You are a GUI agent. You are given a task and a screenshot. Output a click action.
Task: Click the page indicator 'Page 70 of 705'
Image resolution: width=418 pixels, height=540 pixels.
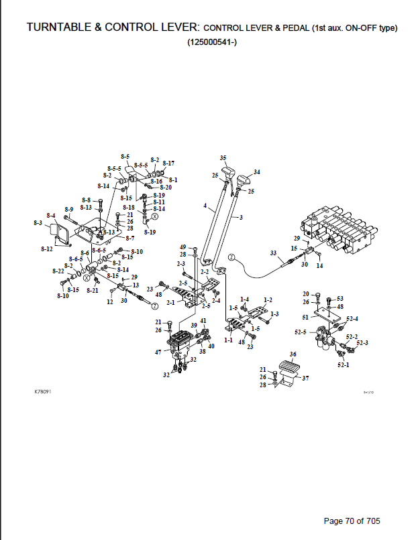coord(353,521)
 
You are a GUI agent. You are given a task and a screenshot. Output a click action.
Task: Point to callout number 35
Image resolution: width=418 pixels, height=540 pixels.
coord(223,158)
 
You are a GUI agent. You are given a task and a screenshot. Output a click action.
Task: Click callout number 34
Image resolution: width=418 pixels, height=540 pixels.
coord(256,172)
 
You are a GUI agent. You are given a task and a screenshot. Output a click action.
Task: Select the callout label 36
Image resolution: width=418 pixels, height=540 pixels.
coord(293,354)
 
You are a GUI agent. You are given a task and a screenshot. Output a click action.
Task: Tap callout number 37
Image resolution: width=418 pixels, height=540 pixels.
coord(305,379)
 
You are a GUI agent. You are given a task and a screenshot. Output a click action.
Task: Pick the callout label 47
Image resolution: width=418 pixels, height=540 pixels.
coord(158,352)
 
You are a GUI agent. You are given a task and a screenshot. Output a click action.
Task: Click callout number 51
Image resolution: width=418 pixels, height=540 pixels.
coord(305,317)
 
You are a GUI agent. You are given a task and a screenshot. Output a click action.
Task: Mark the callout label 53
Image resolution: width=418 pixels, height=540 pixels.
coord(339,298)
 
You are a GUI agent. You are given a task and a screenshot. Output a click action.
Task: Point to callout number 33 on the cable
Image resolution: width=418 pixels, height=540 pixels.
coord(273,253)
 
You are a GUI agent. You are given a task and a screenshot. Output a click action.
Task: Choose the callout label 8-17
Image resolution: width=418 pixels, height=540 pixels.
coord(168,163)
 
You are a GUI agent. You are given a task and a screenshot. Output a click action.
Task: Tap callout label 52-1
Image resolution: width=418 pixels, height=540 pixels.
coord(343,365)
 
